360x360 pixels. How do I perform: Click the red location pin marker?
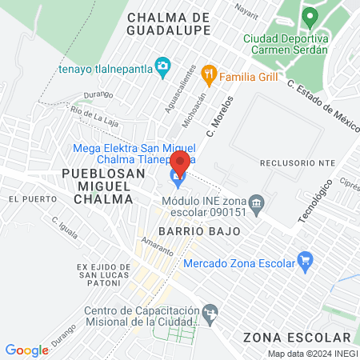tap(180, 162)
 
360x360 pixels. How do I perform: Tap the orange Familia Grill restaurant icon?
tap(209, 75)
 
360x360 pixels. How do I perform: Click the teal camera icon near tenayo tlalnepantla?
tap(162, 66)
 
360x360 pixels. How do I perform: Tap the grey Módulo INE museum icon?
tap(257, 202)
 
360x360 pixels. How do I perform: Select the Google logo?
tap(26, 350)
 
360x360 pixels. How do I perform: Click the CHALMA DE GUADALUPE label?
tap(169, 23)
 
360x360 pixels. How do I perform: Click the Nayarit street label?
tap(246, 8)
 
